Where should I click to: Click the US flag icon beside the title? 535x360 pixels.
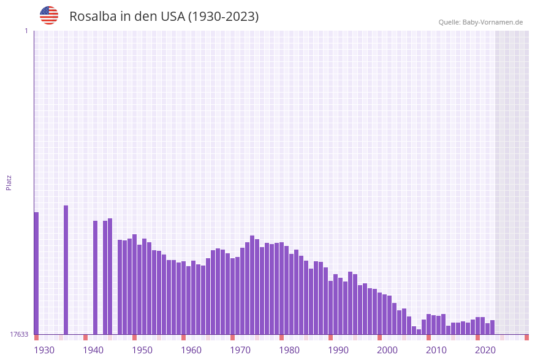tap(49, 15)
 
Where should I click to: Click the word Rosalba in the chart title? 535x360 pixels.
tap(91, 17)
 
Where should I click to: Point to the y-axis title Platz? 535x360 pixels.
tap(9, 182)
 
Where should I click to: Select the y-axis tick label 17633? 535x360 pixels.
tap(19, 334)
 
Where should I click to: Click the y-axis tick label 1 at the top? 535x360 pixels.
tap(26, 31)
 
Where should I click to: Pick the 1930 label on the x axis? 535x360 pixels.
tap(44, 350)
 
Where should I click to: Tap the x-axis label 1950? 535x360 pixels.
tap(142, 350)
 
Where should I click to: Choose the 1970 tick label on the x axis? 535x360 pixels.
tap(240, 350)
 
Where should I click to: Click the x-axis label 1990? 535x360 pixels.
tap(338, 350)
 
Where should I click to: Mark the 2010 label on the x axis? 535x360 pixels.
tap(436, 350)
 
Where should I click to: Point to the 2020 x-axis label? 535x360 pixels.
tap(485, 350)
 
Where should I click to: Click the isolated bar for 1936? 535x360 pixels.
tap(66, 270)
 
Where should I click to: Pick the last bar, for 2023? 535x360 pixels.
tap(492, 327)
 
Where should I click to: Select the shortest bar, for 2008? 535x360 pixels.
tap(419, 332)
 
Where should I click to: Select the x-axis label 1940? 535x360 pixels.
tap(93, 350)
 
